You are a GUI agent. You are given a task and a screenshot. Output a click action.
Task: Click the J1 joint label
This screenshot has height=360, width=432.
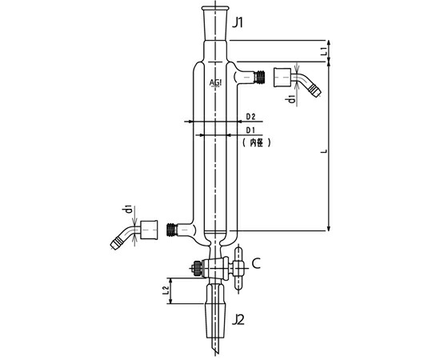point(238,23)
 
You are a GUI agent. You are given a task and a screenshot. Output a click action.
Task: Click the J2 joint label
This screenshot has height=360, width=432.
point(238,319)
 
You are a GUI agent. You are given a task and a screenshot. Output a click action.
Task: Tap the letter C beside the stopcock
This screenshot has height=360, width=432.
point(256,263)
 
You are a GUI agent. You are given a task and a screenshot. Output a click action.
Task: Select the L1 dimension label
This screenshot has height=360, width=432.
point(325,51)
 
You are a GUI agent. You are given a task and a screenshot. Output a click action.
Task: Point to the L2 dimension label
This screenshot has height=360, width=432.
point(166,290)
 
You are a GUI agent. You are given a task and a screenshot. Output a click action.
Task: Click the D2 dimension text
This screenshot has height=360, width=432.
point(250,117)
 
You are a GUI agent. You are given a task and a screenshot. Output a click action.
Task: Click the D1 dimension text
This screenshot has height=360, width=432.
point(250,130)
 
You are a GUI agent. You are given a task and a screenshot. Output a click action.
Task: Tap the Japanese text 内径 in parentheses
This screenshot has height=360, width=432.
point(256,142)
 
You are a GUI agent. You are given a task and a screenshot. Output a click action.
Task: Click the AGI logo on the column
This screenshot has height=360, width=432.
point(215,82)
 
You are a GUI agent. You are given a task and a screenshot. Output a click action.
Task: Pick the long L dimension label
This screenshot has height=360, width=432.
point(325,151)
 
